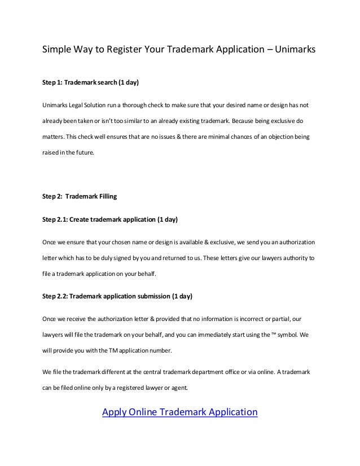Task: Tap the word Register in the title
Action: (125, 50)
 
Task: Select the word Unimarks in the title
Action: (296, 50)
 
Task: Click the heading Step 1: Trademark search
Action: (90, 82)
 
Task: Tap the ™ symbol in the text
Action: (274, 334)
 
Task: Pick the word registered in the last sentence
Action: (121, 388)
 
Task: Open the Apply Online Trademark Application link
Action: (179, 412)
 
